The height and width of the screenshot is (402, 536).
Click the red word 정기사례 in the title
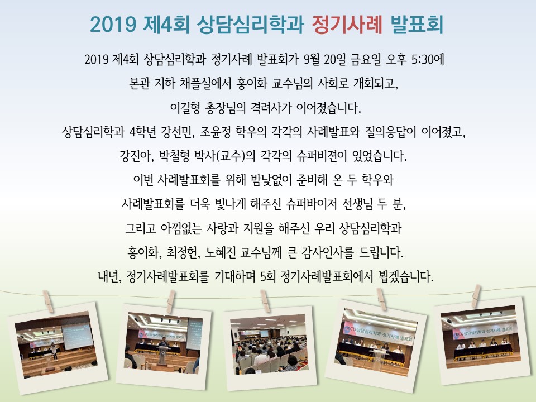click(347, 24)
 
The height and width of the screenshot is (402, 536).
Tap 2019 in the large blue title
click(113, 25)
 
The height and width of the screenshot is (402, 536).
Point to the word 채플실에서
click(205, 83)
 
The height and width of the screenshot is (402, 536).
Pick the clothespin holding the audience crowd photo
click(265, 300)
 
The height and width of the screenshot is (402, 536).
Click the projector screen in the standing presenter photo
click(77, 337)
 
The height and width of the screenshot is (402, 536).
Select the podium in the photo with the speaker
click(164, 355)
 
